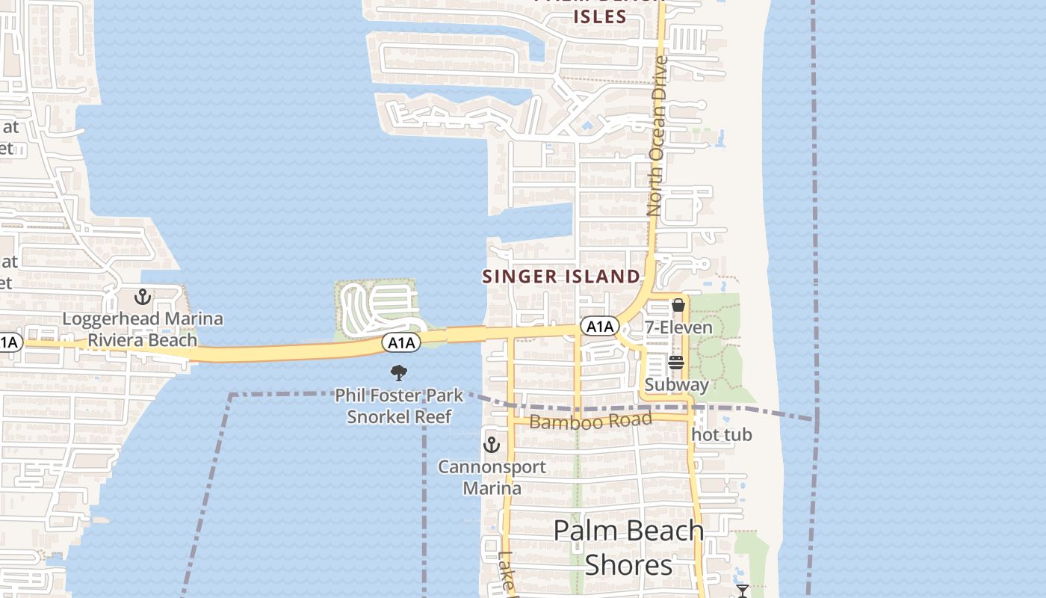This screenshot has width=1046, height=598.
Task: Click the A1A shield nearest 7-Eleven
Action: point(600,327)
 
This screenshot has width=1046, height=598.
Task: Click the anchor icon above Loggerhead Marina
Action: point(143,298)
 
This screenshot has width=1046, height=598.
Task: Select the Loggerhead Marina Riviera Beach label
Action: point(143,330)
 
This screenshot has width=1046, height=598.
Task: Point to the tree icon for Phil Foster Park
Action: point(399,372)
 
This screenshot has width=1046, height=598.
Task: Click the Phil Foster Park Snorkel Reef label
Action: point(399,405)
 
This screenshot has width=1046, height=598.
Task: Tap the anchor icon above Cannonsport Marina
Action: point(491,445)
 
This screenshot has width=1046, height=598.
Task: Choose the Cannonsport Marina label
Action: point(492,478)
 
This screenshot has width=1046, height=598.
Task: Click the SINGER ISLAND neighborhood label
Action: point(561,276)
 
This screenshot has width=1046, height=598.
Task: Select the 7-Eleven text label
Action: point(678,327)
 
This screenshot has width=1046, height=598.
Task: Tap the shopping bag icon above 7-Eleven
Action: point(678,305)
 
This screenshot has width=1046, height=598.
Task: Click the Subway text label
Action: point(676,385)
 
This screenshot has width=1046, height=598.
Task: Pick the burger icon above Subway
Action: point(676,363)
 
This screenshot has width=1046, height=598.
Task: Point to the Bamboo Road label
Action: point(590,421)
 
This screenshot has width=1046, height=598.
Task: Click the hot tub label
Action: point(722,434)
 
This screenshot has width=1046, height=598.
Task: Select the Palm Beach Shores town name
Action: point(629,547)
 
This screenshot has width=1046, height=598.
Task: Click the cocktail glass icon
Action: point(742,591)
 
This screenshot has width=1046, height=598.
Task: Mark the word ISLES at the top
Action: point(600,16)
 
